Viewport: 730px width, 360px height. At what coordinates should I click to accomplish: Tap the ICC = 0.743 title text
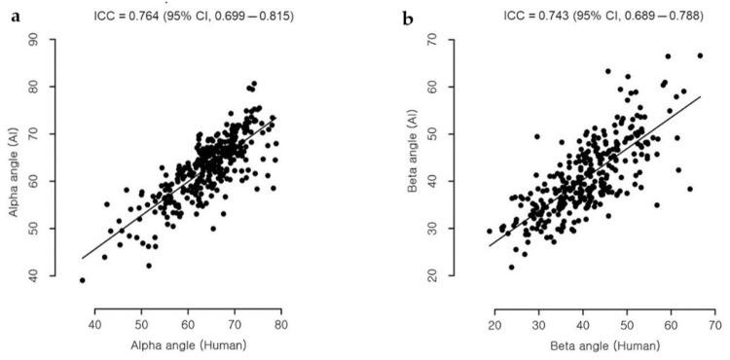(x=562, y=16)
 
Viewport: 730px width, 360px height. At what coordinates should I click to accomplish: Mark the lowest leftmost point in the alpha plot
(x=82, y=280)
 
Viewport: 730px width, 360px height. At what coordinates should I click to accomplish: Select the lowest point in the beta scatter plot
(x=511, y=267)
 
